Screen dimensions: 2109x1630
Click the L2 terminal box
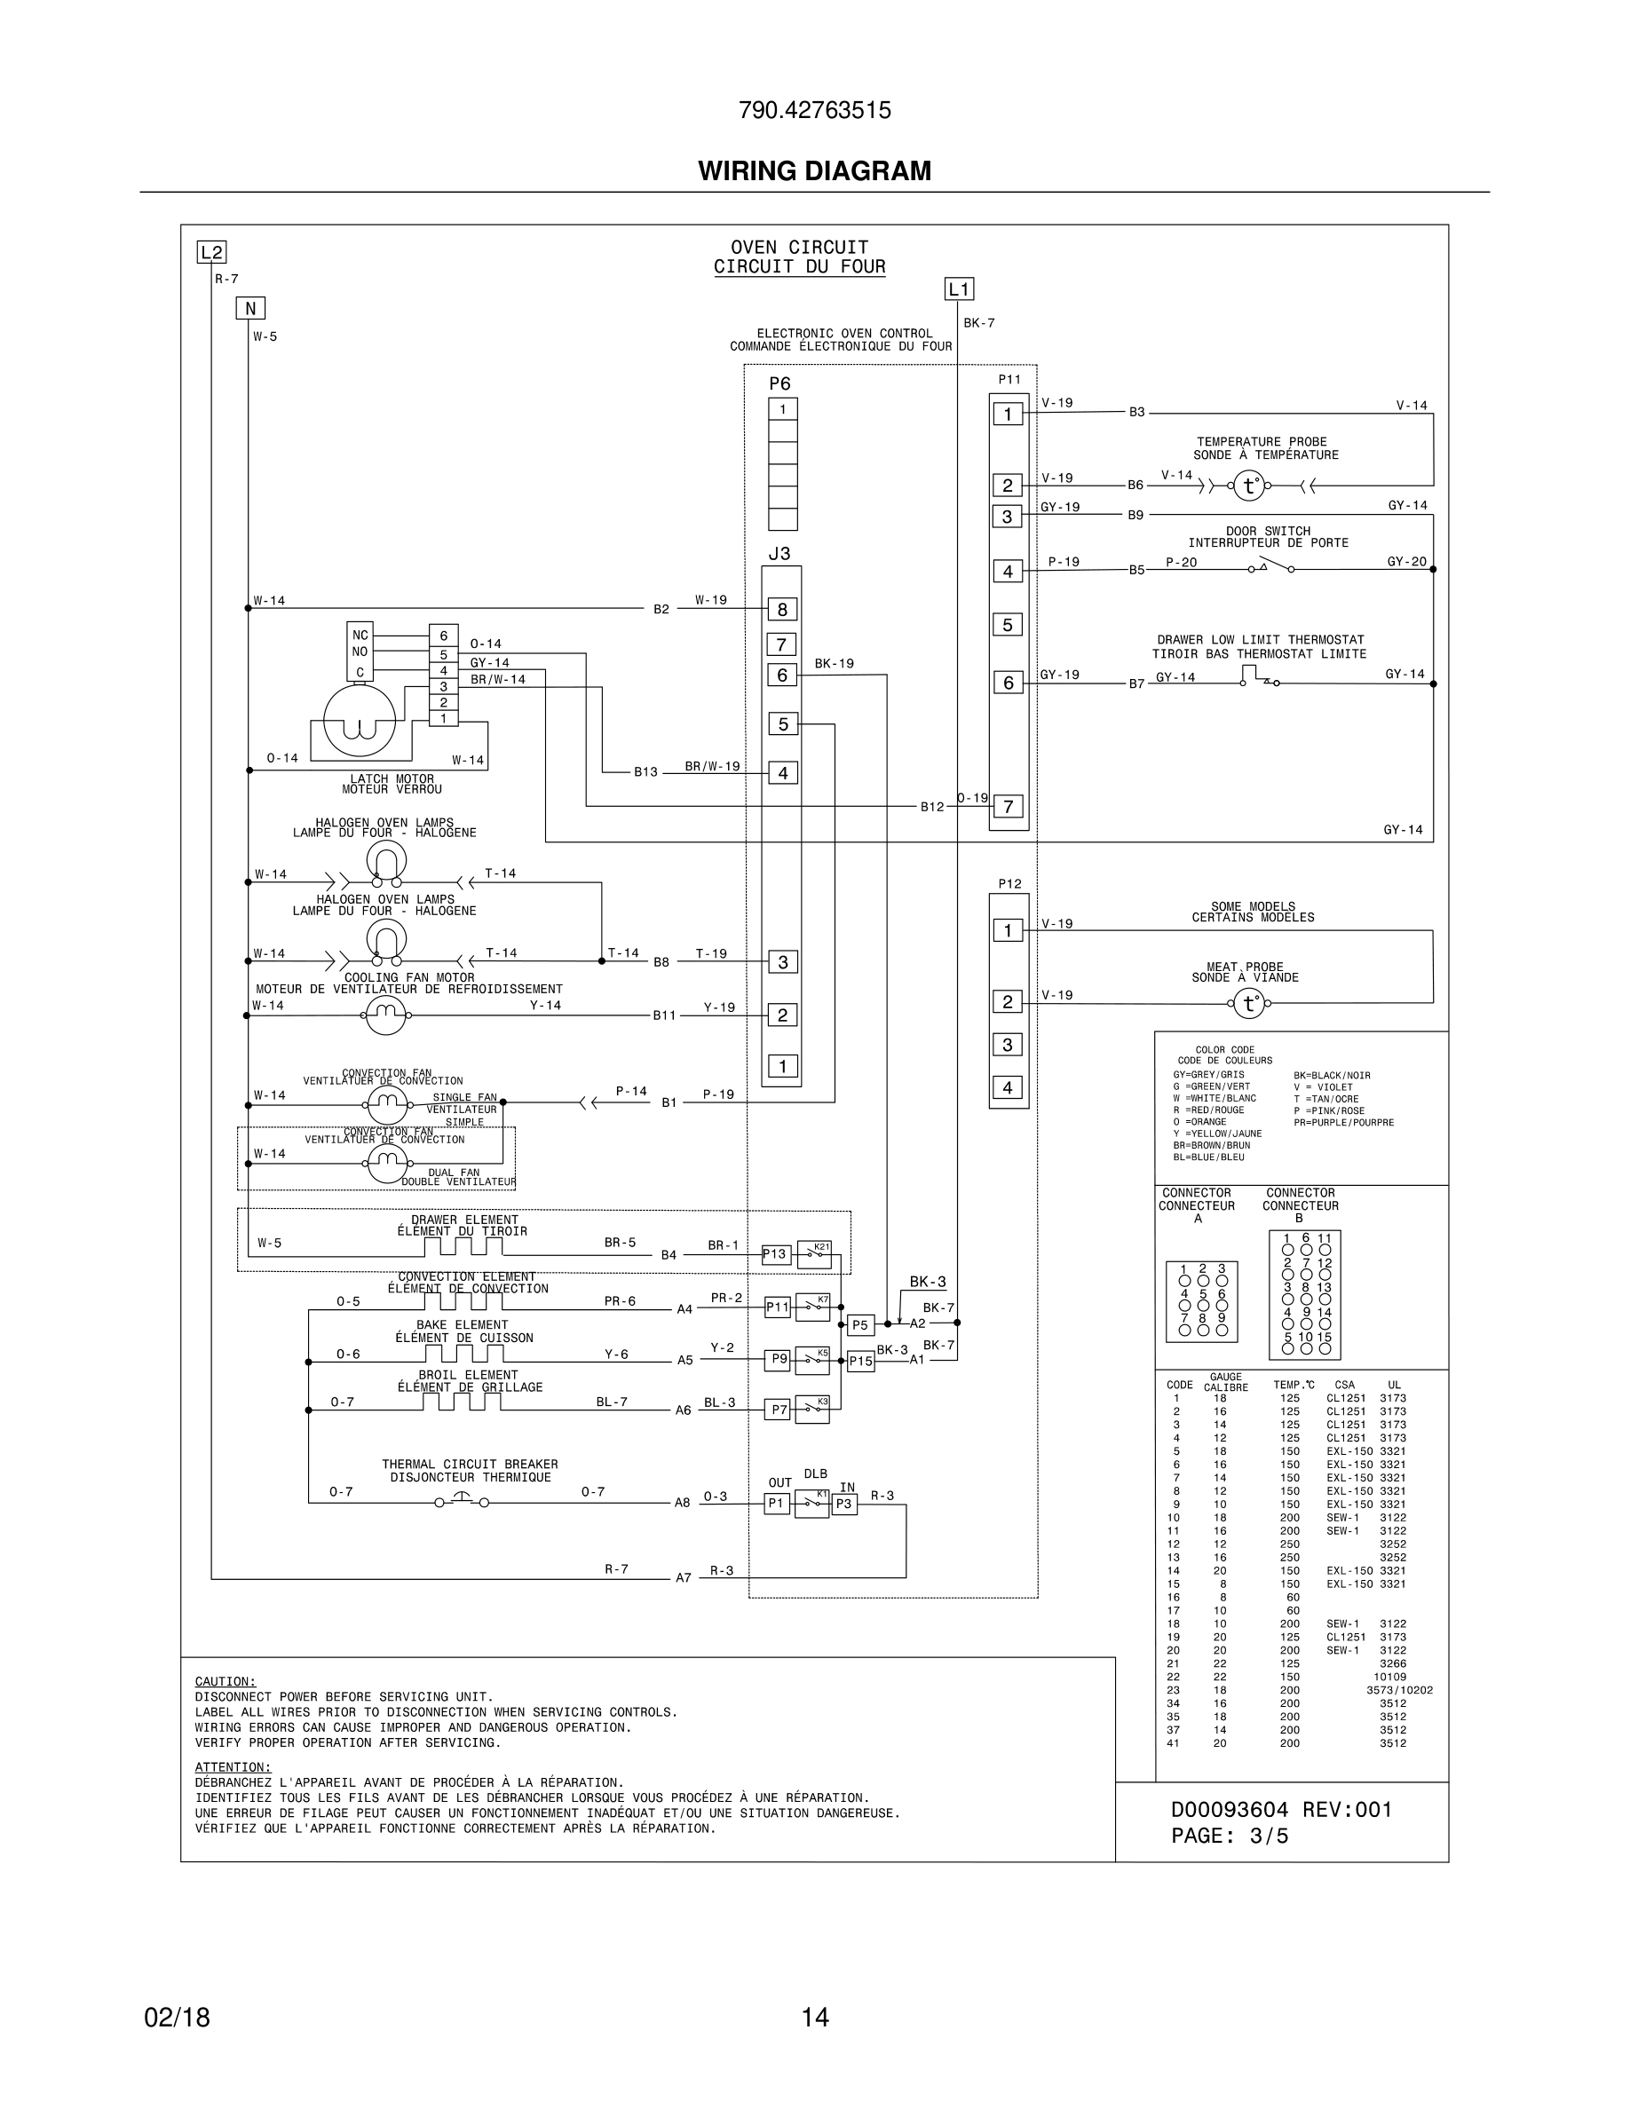point(211,253)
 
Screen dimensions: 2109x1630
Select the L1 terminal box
point(958,288)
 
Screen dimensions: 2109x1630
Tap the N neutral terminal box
point(250,308)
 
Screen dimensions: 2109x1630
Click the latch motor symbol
point(360,719)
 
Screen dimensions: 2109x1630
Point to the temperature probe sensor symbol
point(1248,486)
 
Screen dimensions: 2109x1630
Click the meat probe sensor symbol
point(1248,1004)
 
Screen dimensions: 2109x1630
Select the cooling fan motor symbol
point(385,1015)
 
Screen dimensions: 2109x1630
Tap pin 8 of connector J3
point(782,609)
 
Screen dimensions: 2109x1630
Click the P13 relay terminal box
point(775,1254)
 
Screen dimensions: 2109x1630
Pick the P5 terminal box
point(859,1325)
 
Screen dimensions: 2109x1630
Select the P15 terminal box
point(860,1362)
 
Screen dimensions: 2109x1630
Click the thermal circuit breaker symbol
point(461,1502)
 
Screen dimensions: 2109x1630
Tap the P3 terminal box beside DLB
point(844,1504)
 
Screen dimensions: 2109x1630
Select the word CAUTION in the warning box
point(225,1681)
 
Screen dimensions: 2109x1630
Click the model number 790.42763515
point(814,111)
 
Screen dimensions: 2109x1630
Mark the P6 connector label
point(779,383)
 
